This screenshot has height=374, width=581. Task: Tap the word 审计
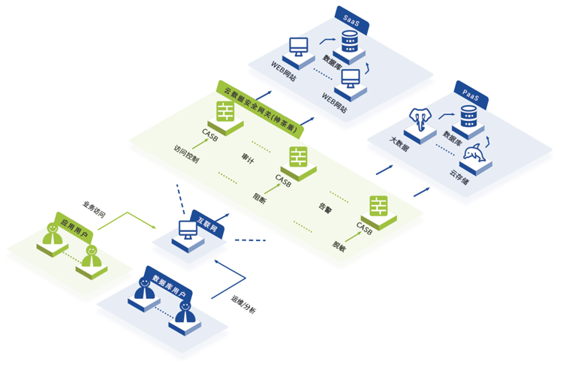(247, 159)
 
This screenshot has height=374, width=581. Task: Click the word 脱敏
(339, 245)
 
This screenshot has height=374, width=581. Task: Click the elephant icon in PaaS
(421, 122)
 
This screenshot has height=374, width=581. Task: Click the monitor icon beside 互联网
(185, 231)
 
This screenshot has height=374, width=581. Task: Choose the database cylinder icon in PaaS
(468, 116)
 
